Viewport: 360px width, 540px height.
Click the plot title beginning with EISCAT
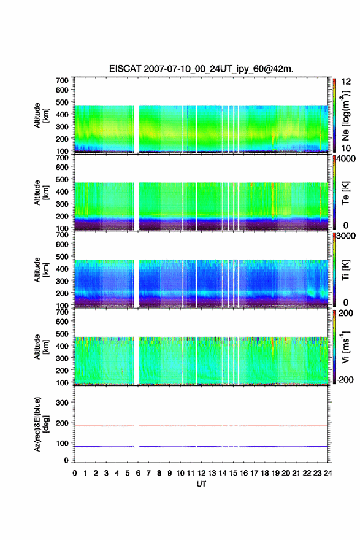pyautogui.click(x=201, y=69)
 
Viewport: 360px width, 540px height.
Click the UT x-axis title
pyautogui.click(x=201, y=484)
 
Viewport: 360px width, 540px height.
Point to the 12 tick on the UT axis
pyautogui.click(x=201, y=473)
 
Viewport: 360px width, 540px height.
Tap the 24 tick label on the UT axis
pyautogui.click(x=327, y=473)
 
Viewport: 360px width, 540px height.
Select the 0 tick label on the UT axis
pyautogui.click(x=75, y=473)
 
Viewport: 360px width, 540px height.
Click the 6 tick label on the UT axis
pyautogui.click(x=138, y=473)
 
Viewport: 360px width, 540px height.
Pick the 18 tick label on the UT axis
pyautogui.click(x=265, y=473)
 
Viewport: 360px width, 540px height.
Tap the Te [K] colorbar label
pyautogui.click(x=345, y=193)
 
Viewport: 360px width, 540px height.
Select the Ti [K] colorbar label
pyautogui.click(x=345, y=269)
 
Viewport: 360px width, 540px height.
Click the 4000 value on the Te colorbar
pyautogui.click(x=345, y=159)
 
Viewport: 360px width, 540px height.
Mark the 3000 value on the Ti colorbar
pyautogui.click(x=345, y=236)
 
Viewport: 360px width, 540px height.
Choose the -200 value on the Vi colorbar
pyautogui.click(x=344, y=379)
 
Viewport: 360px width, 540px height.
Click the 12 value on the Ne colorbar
pyautogui.click(x=347, y=82)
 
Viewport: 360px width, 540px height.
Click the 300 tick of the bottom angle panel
pyautogui.click(x=63, y=403)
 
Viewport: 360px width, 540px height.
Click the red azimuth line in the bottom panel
pyautogui.click(x=201, y=426)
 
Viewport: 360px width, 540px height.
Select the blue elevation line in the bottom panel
pyautogui.click(x=201, y=446)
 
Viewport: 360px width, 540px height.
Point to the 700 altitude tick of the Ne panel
pyautogui.click(x=63, y=80)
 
